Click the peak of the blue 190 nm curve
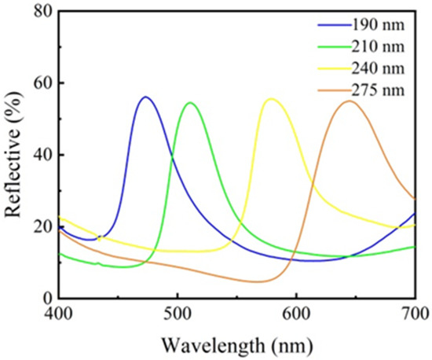pos(145,97)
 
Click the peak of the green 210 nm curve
pos(189,102)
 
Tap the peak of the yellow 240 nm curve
pos(271,99)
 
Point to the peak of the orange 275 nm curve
pos(349,101)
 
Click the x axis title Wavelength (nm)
pos(236,343)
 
